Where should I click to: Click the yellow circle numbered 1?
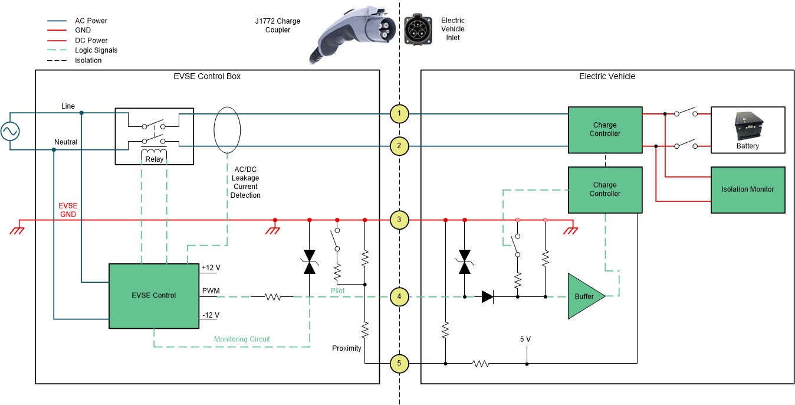(399, 113)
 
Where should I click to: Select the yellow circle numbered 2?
(399, 146)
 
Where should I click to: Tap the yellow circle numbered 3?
(399, 220)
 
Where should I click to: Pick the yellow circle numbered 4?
(399, 297)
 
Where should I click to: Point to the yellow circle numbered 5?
(399, 364)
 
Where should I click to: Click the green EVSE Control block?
(153, 296)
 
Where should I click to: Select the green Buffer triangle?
(584, 296)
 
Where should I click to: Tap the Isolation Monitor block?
(747, 190)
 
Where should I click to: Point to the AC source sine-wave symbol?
(10, 131)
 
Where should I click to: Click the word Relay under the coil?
(154, 159)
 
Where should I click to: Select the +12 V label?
(211, 267)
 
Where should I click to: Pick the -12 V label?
(211, 315)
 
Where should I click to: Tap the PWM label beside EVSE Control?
(211, 291)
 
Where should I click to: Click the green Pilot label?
(337, 291)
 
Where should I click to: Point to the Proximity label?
(347, 348)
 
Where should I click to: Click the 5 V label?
(525, 339)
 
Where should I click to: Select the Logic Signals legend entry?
(96, 50)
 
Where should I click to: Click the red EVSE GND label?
(68, 210)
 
